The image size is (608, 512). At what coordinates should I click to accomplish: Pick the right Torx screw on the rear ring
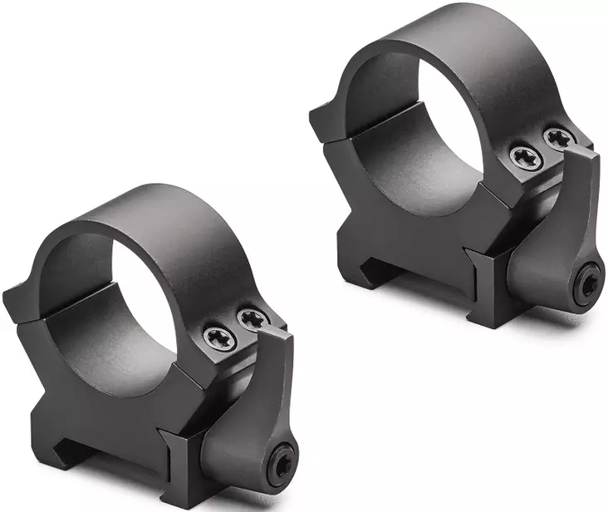click(x=558, y=138)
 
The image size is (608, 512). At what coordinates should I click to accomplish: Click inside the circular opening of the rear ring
click(x=440, y=125)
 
